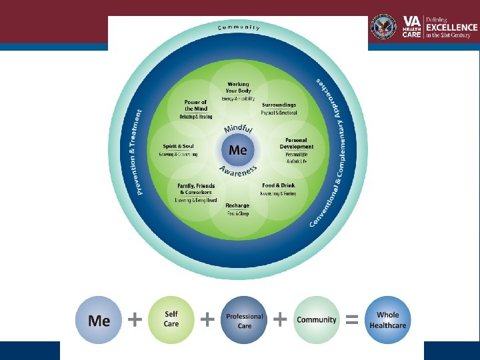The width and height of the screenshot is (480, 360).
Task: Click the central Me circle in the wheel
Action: pyautogui.click(x=238, y=150)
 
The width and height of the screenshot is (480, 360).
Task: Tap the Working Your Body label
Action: pyautogui.click(x=238, y=87)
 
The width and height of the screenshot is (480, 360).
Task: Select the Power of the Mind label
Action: pyautogui.click(x=195, y=105)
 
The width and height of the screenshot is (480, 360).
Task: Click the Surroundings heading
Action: pyautogui.click(x=279, y=105)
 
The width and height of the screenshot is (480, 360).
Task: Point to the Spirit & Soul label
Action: pyautogui.click(x=178, y=147)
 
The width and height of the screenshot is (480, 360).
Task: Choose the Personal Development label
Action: pyautogui.click(x=297, y=143)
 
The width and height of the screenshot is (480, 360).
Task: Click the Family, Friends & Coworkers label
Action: pyautogui.click(x=195, y=188)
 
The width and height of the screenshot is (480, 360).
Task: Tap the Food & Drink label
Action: pyautogui.click(x=279, y=185)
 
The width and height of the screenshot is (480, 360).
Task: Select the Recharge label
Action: pyautogui.click(x=237, y=205)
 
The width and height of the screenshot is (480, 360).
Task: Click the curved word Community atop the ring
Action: pyautogui.click(x=239, y=27)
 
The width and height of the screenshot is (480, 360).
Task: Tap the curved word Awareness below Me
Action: pyautogui.click(x=237, y=172)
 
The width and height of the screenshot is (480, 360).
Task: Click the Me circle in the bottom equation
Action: pyautogui.click(x=99, y=321)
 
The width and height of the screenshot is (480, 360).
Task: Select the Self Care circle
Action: pyautogui.click(x=171, y=319)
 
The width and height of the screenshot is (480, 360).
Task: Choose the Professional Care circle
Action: pyautogui.click(x=245, y=321)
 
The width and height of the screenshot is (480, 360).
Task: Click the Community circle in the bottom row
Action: pyautogui.click(x=316, y=320)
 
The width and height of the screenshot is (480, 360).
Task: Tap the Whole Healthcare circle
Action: pyautogui.click(x=388, y=320)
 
